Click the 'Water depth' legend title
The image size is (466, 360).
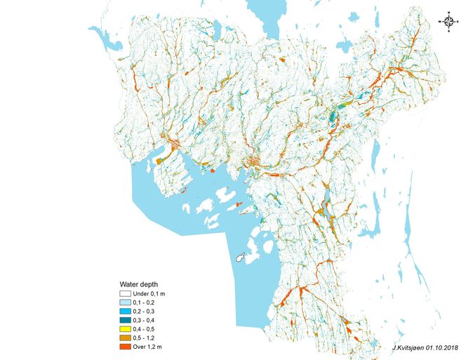[138, 284]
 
